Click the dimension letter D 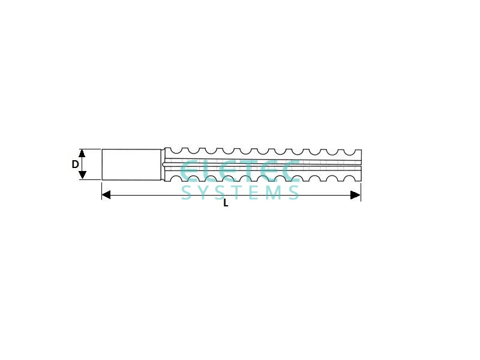pyautogui.click(x=75, y=164)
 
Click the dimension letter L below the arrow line pyautogui.click(x=226, y=203)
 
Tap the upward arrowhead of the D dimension pyautogui.click(x=82, y=153)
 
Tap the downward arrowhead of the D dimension pyautogui.click(x=82, y=175)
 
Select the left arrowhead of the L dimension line pyautogui.click(x=106, y=194)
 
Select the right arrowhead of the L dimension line pyautogui.click(x=355, y=194)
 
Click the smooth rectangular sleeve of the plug pyautogui.click(x=131, y=164)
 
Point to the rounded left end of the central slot pyautogui.click(x=164, y=164)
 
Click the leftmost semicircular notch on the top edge pyautogui.click(x=175, y=151)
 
